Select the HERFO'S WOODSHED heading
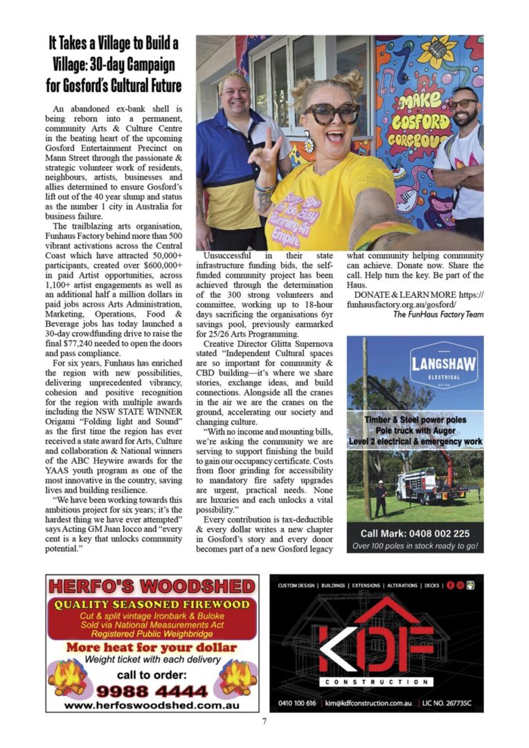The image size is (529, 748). point(152,587)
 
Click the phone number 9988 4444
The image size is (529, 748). point(152,691)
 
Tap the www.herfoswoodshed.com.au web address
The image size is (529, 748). point(152,706)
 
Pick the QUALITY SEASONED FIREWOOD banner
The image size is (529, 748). point(152,605)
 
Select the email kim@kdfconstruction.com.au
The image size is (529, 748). point(371,703)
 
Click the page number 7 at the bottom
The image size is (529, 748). point(264,722)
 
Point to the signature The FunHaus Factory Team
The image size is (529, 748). point(438,314)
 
